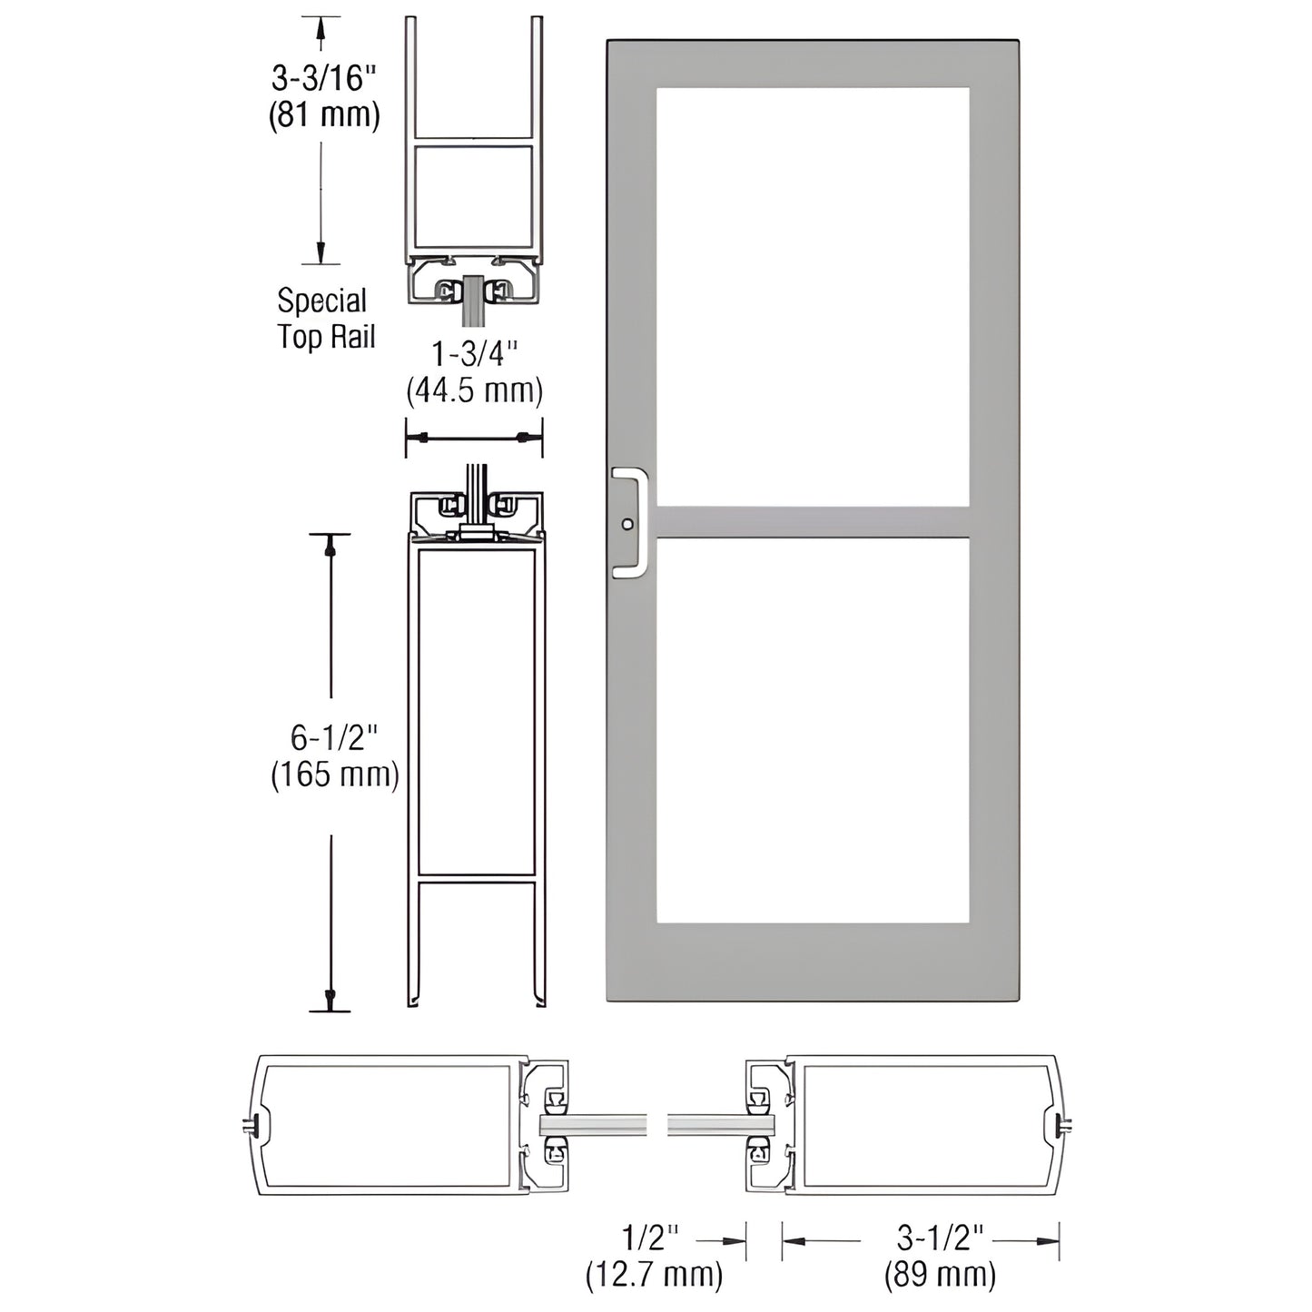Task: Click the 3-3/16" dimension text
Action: coord(323,78)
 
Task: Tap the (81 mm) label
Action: coord(323,115)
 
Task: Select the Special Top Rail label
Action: coord(325,319)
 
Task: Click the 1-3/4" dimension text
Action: coord(474,353)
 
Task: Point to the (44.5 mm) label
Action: coord(474,390)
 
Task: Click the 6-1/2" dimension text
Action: coord(333,737)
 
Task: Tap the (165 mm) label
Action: coord(335,774)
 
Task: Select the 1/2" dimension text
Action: coord(651,1238)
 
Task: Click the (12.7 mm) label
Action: coord(654,1275)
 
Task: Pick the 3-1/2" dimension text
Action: coord(940,1238)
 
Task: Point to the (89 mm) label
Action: coord(940,1275)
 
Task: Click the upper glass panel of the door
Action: coord(813,295)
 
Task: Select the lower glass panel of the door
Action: coord(813,731)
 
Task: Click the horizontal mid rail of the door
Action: coord(813,522)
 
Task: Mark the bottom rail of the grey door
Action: coord(813,962)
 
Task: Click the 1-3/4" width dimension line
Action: coord(474,438)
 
